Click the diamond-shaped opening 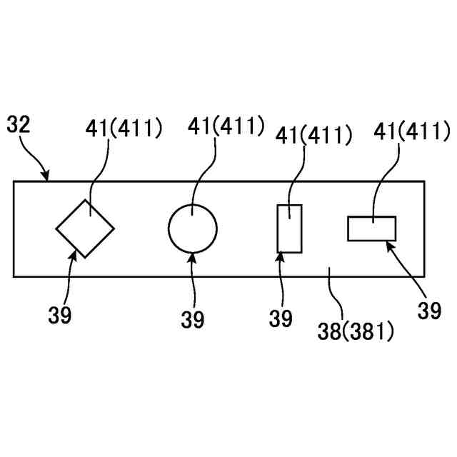(85, 228)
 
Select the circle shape (193, 228)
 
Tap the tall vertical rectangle (289, 228)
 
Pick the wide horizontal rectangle (371, 228)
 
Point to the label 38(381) (355, 331)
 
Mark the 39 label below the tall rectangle (281, 318)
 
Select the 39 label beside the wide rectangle (431, 311)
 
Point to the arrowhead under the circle (193, 256)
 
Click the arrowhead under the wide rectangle (390, 245)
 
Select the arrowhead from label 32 (47, 176)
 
